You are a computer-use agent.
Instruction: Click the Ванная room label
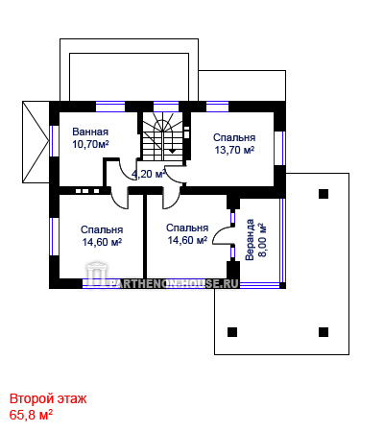coord(90,132)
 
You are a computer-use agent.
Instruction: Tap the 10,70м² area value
coord(90,144)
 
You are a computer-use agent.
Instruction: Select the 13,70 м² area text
coord(234,150)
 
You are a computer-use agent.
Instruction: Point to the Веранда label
coord(250,239)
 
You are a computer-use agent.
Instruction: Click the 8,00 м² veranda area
coord(262,240)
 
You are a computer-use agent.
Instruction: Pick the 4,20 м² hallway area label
coord(149,174)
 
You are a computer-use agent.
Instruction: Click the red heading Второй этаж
coord(48,399)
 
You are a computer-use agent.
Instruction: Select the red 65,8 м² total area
coord(31,415)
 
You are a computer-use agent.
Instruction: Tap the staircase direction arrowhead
coord(172,151)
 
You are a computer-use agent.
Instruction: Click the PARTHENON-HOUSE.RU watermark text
coord(175,283)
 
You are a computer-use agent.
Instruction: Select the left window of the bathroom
coord(54,141)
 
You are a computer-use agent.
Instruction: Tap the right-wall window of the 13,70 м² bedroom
coord(280,148)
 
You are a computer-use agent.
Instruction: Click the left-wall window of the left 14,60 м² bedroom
coord(54,236)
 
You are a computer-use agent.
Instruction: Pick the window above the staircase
coord(166,107)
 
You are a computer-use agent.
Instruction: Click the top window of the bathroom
coord(110,107)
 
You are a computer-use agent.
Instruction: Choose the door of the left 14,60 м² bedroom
coord(119,199)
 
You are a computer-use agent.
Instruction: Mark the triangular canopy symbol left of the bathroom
coord(36,142)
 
